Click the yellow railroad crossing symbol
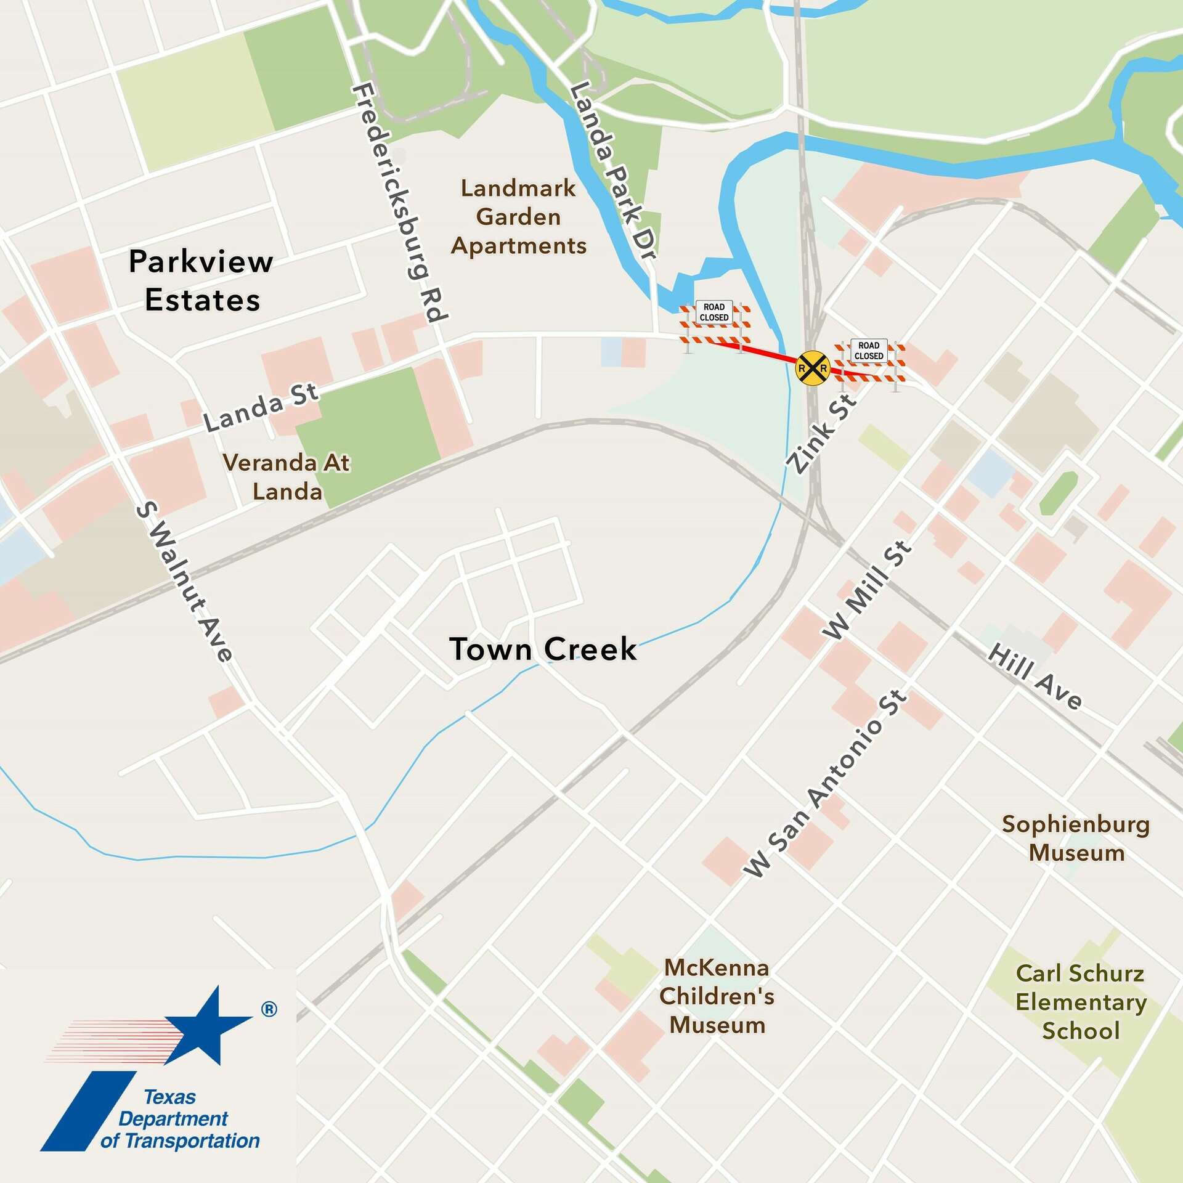813,368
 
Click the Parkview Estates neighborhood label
201,281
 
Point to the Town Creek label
543,649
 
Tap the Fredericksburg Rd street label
399,203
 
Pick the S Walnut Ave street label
184,582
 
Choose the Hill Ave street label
1035,677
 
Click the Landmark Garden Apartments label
519,217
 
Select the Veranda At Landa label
287,477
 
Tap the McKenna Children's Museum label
717,996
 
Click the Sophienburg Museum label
1076,839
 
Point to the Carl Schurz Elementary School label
1081,1002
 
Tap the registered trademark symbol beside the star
269,1009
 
